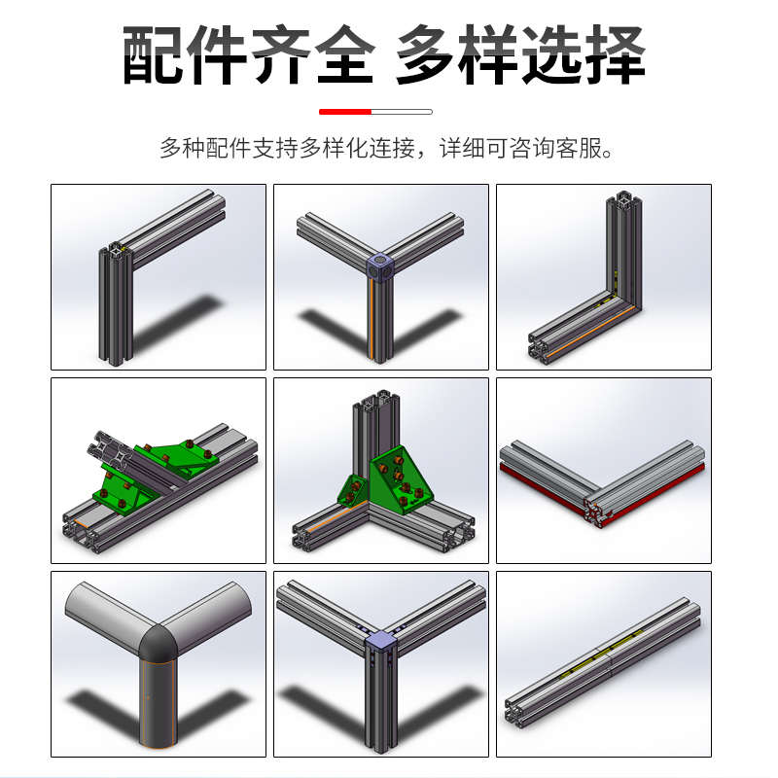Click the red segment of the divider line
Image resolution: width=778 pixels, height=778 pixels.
tap(345, 112)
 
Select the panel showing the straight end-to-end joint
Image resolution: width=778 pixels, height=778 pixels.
tap(603, 664)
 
